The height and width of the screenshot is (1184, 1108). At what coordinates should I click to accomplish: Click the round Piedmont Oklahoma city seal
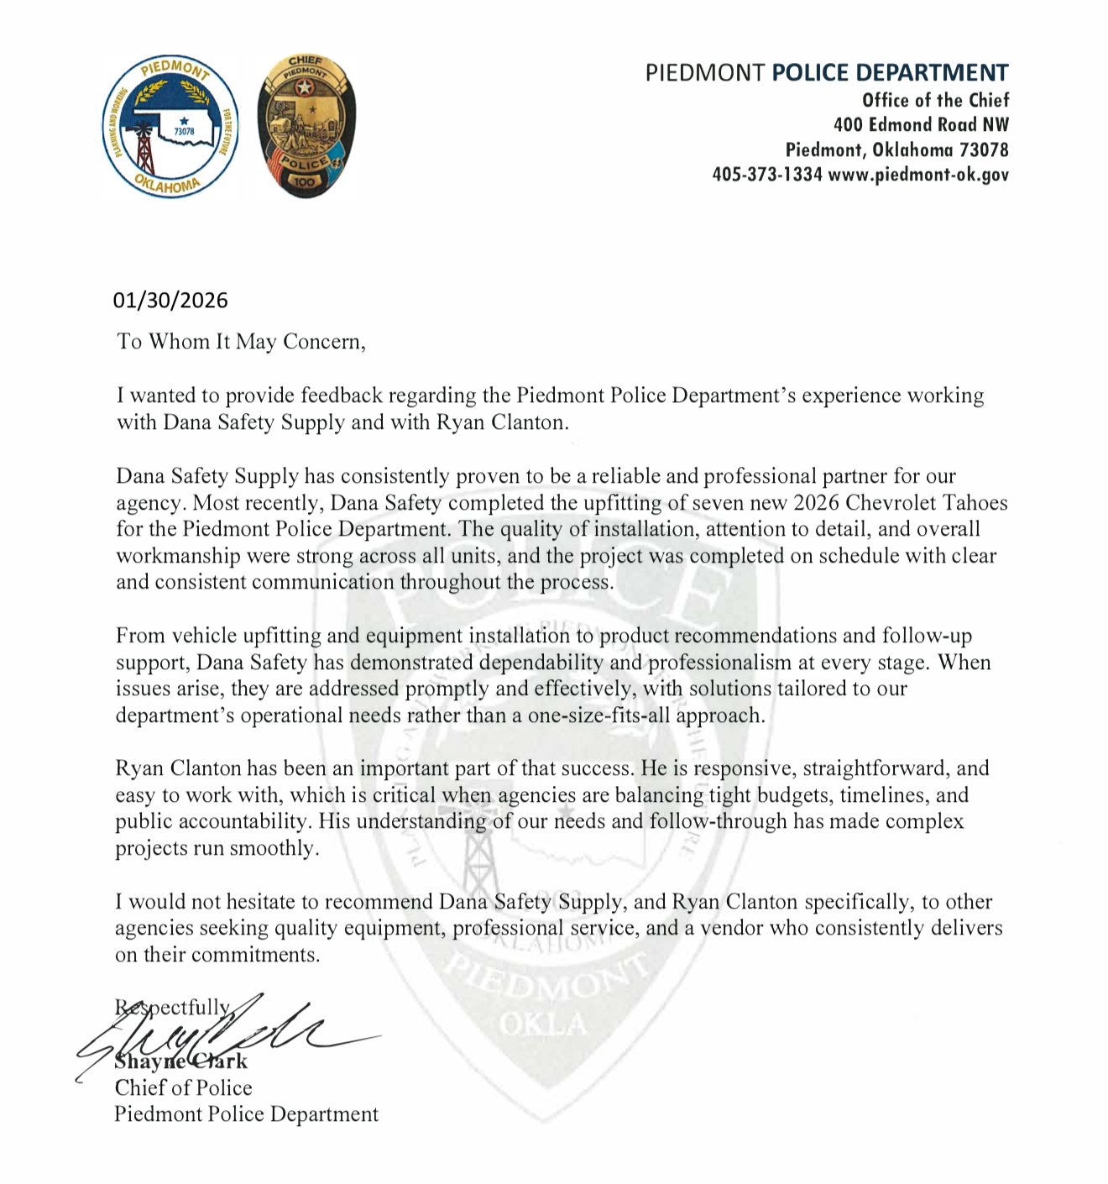[x=170, y=128]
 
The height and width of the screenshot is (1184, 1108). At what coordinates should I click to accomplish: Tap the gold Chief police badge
[x=306, y=127]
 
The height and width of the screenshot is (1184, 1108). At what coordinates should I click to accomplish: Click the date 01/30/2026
[x=171, y=301]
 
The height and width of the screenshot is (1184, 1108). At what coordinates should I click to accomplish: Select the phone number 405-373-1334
[x=766, y=175]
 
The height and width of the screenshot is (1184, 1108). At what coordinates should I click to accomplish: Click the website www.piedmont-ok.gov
[x=918, y=175]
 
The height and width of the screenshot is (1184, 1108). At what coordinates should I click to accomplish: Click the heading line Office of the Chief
[x=935, y=101]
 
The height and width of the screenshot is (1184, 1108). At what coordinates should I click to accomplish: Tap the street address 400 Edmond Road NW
[x=921, y=125]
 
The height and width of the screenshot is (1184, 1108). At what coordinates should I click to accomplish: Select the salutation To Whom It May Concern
[x=241, y=342]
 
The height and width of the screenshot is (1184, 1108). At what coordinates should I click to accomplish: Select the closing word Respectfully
[x=173, y=1008]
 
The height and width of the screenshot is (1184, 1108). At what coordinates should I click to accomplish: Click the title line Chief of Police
[x=184, y=1088]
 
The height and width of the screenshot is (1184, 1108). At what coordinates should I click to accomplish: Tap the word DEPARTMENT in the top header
[x=890, y=73]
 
